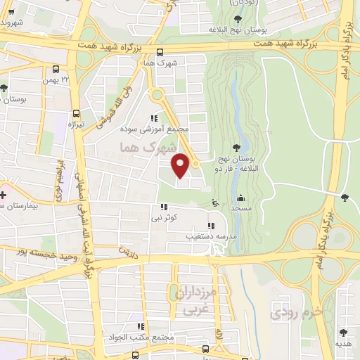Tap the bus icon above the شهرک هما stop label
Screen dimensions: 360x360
click(x=160, y=51)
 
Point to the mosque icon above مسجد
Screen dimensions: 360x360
click(x=241, y=198)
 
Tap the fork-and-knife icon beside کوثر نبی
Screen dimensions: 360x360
click(x=164, y=207)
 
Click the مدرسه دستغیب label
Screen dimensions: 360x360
click(x=207, y=236)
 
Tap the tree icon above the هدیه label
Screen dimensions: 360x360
click(x=344, y=333)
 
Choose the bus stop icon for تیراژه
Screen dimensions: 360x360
click(x=76, y=112)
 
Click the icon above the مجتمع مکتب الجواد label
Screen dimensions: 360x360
click(x=141, y=326)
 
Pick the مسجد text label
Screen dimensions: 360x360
click(x=241, y=210)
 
